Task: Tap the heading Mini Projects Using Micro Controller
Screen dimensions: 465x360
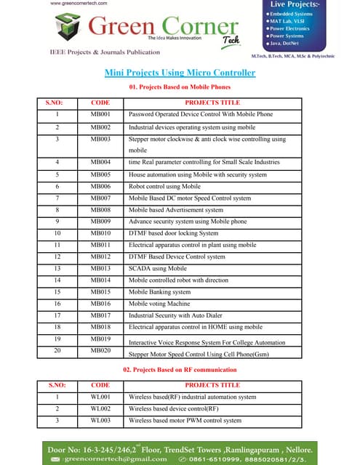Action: tap(180, 73)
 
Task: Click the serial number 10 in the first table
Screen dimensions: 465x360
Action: tap(56, 233)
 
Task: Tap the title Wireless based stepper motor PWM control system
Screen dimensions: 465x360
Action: tap(185, 421)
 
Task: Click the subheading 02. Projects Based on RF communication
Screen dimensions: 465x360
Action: tap(180, 371)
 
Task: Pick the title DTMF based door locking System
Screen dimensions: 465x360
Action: tap(173, 233)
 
